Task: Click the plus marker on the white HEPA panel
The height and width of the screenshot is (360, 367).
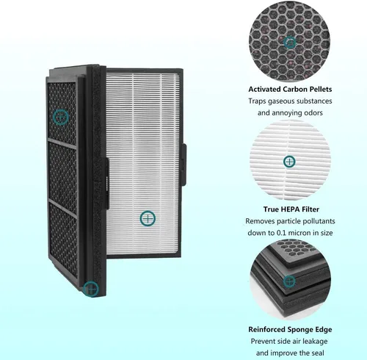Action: (x=148, y=218)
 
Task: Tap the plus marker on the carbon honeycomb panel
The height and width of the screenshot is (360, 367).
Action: (x=61, y=118)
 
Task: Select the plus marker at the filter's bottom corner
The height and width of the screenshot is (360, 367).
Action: (x=91, y=289)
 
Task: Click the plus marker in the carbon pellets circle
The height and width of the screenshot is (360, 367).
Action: (x=290, y=43)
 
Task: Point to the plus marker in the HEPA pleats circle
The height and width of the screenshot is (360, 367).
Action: (x=289, y=162)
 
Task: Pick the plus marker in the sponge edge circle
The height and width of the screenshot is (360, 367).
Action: (x=289, y=281)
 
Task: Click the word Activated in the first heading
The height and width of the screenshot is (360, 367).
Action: (x=264, y=89)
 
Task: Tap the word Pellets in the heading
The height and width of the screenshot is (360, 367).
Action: (x=320, y=89)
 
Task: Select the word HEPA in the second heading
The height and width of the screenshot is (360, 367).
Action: (x=291, y=209)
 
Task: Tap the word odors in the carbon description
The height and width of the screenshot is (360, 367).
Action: (x=313, y=113)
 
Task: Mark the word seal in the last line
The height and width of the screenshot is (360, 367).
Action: (x=318, y=353)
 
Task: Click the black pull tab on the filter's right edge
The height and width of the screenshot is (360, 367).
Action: (x=183, y=165)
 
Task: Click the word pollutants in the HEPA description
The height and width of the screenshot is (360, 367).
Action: (x=319, y=221)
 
